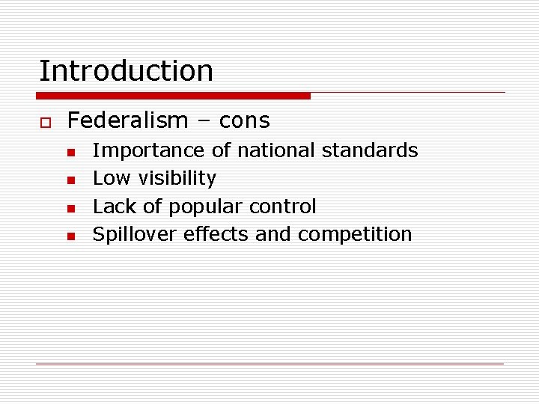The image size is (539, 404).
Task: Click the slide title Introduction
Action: tap(126, 71)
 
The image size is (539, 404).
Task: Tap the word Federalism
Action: tap(127, 120)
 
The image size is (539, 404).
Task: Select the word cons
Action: tap(245, 120)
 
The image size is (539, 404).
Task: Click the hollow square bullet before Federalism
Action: tap(44, 121)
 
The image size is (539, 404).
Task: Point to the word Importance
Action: tap(148, 150)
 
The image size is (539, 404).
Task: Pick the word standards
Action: tap(370, 150)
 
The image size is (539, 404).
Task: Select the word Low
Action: tap(106, 178)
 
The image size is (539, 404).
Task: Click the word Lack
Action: tap(110, 206)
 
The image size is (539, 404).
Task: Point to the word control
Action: tap(282, 206)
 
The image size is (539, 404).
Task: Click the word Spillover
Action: tap(132, 234)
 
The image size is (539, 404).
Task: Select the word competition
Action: tap(355, 234)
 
